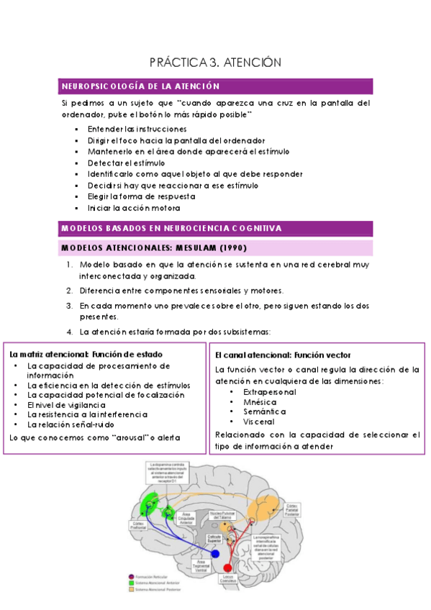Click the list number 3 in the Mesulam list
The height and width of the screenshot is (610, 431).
click(x=69, y=305)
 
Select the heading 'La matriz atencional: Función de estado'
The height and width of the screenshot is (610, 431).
click(x=86, y=355)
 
